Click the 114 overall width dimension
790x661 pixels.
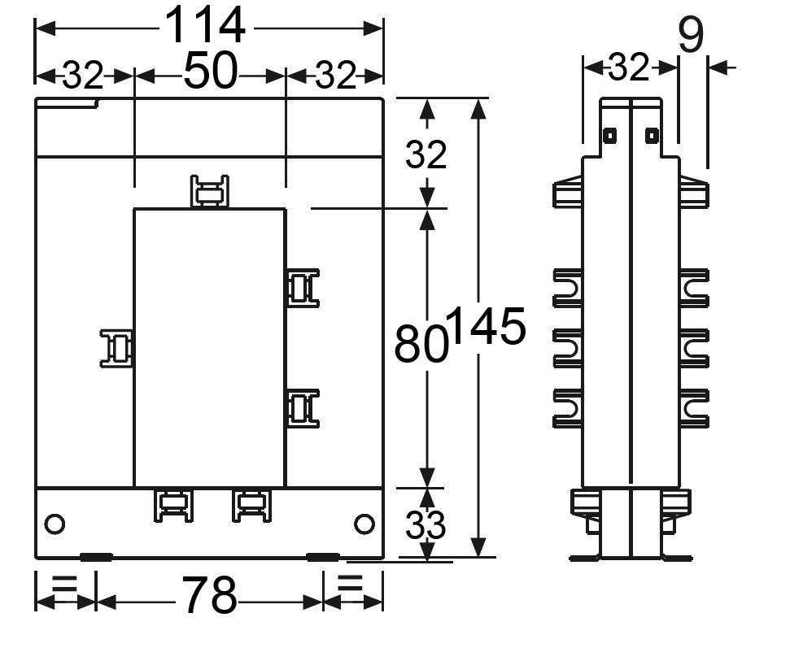click(205, 25)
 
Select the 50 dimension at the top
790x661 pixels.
click(210, 70)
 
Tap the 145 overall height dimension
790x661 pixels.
click(487, 326)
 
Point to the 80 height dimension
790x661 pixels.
click(421, 343)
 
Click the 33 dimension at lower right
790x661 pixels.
click(426, 525)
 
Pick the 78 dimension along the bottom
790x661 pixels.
click(208, 595)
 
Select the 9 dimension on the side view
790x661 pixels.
click(691, 34)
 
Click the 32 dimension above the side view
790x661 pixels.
click(628, 67)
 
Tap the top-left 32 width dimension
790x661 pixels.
click(83, 76)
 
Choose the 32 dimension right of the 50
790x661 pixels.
click(335, 76)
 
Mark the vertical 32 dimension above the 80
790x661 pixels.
click(426, 154)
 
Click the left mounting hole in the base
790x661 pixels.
click(55, 524)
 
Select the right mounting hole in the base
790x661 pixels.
click(364, 524)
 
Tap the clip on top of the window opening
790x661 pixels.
click(210, 191)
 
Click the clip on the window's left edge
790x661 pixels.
click(117, 348)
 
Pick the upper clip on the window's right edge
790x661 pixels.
click(303, 288)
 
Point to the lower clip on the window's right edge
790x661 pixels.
click(303, 408)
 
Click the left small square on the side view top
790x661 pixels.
click(609, 136)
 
